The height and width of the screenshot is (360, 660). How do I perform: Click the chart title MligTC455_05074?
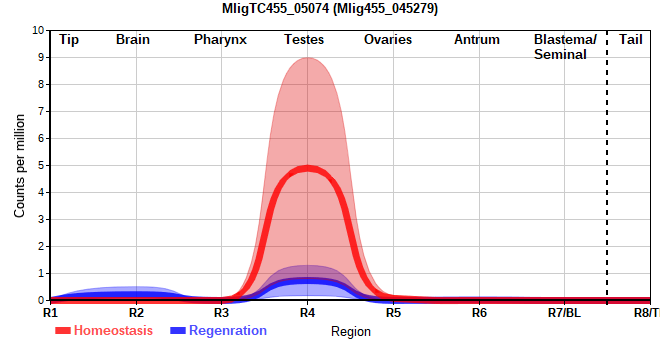tap(275, 9)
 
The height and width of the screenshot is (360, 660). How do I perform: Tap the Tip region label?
tap(69, 40)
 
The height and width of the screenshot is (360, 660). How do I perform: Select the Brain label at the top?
tap(133, 40)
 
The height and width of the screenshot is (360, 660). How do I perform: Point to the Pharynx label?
tap(220, 40)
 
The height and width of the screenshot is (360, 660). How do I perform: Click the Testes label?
tap(304, 40)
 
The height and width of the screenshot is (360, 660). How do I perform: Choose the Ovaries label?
tap(388, 40)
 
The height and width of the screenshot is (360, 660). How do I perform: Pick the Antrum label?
tap(477, 40)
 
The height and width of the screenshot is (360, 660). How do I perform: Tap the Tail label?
tap(631, 40)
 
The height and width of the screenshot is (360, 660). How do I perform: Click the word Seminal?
tap(560, 55)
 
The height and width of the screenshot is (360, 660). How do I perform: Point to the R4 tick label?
tap(307, 313)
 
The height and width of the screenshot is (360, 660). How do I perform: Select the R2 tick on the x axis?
tap(136, 313)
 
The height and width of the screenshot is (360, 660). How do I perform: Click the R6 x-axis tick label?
tap(479, 313)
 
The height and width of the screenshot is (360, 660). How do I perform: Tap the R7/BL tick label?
tap(564, 313)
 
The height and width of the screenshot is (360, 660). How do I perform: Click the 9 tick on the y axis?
tap(41, 57)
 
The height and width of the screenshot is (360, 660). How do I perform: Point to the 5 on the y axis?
tap(41, 165)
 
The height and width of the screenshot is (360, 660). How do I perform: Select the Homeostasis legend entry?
tap(104, 331)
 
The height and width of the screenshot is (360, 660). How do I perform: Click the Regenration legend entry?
tap(218, 331)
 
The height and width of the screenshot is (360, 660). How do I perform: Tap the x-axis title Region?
tap(351, 332)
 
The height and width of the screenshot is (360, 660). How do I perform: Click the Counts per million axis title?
tap(19, 166)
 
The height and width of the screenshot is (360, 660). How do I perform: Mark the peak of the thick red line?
tap(308, 168)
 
